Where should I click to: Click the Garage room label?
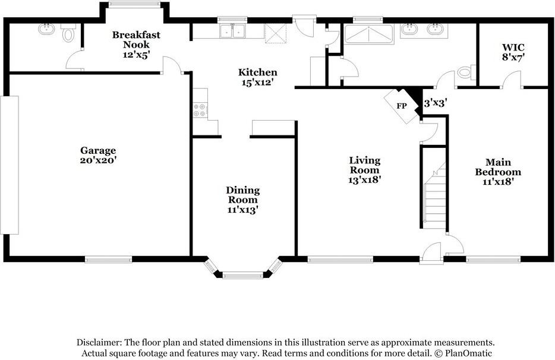98,150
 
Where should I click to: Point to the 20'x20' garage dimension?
98,160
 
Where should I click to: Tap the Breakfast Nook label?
136,40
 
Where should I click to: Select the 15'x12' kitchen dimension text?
257,83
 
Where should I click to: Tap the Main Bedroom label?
497,167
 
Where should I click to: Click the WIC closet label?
513,46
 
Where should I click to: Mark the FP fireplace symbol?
402,106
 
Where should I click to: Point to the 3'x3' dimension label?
435,103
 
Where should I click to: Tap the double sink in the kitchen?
232,31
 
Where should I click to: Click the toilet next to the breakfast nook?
68,33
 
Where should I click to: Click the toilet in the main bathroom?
465,72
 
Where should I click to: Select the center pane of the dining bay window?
242,274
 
